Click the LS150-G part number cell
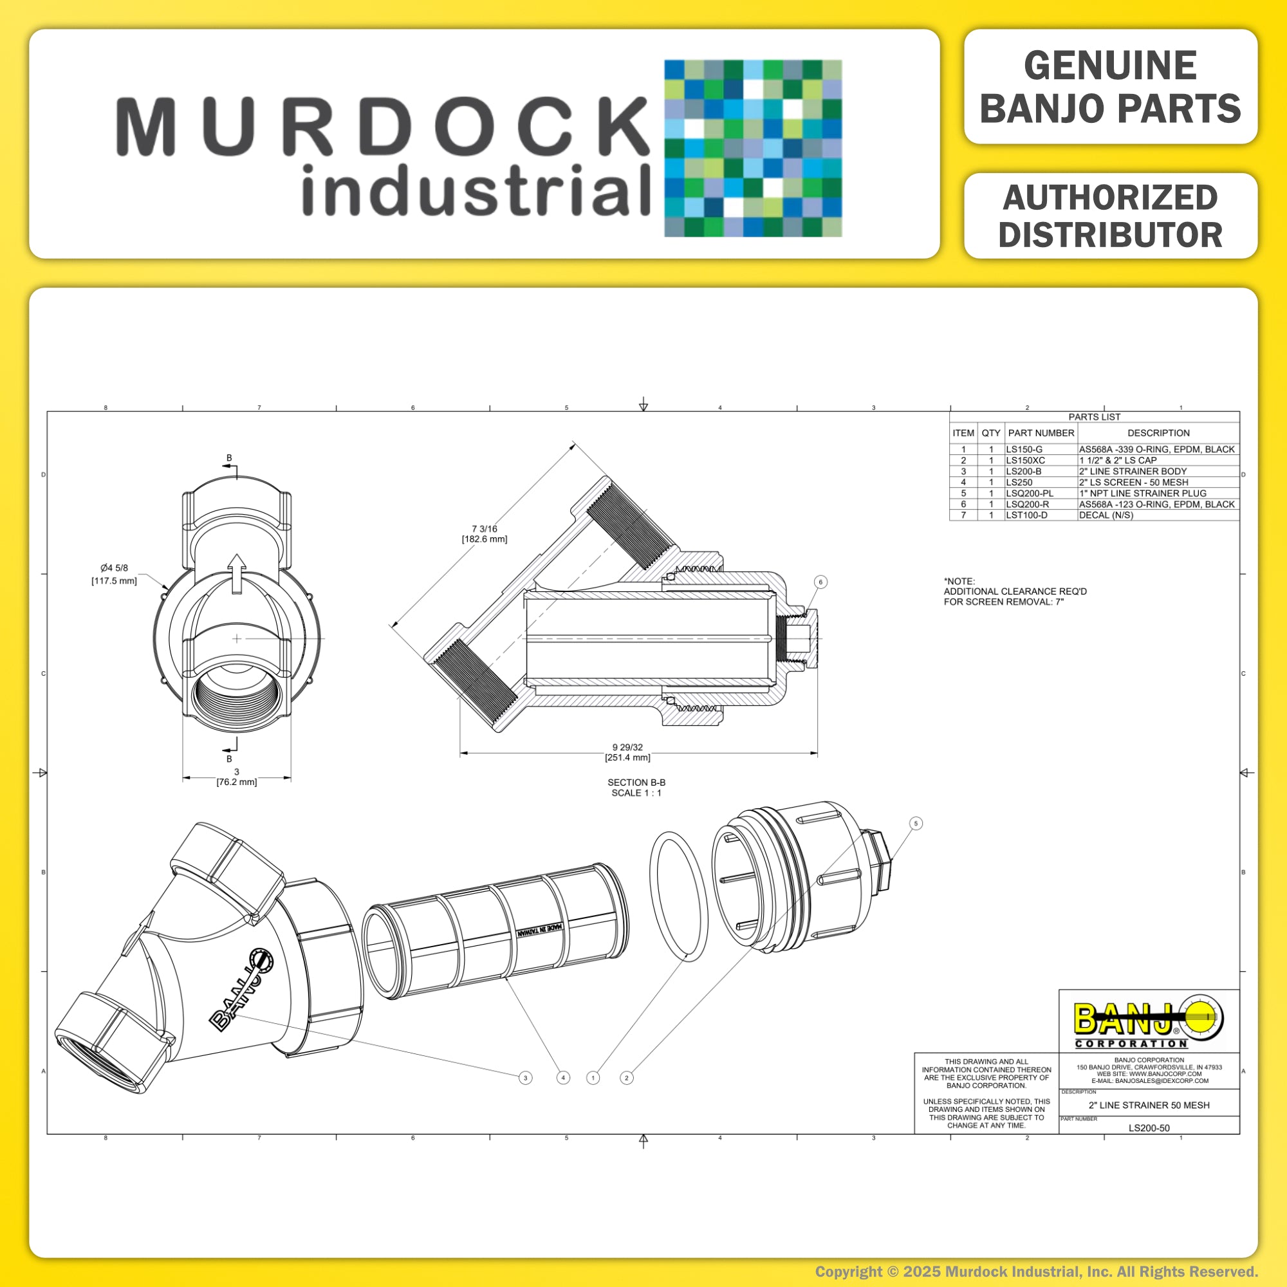point(1041,450)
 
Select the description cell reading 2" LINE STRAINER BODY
point(1158,472)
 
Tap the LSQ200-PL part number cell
point(1041,494)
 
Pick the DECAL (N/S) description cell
point(1158,515)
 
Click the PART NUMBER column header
point(1041,433)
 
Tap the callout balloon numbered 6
point(820,582)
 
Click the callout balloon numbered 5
point(916,824)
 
